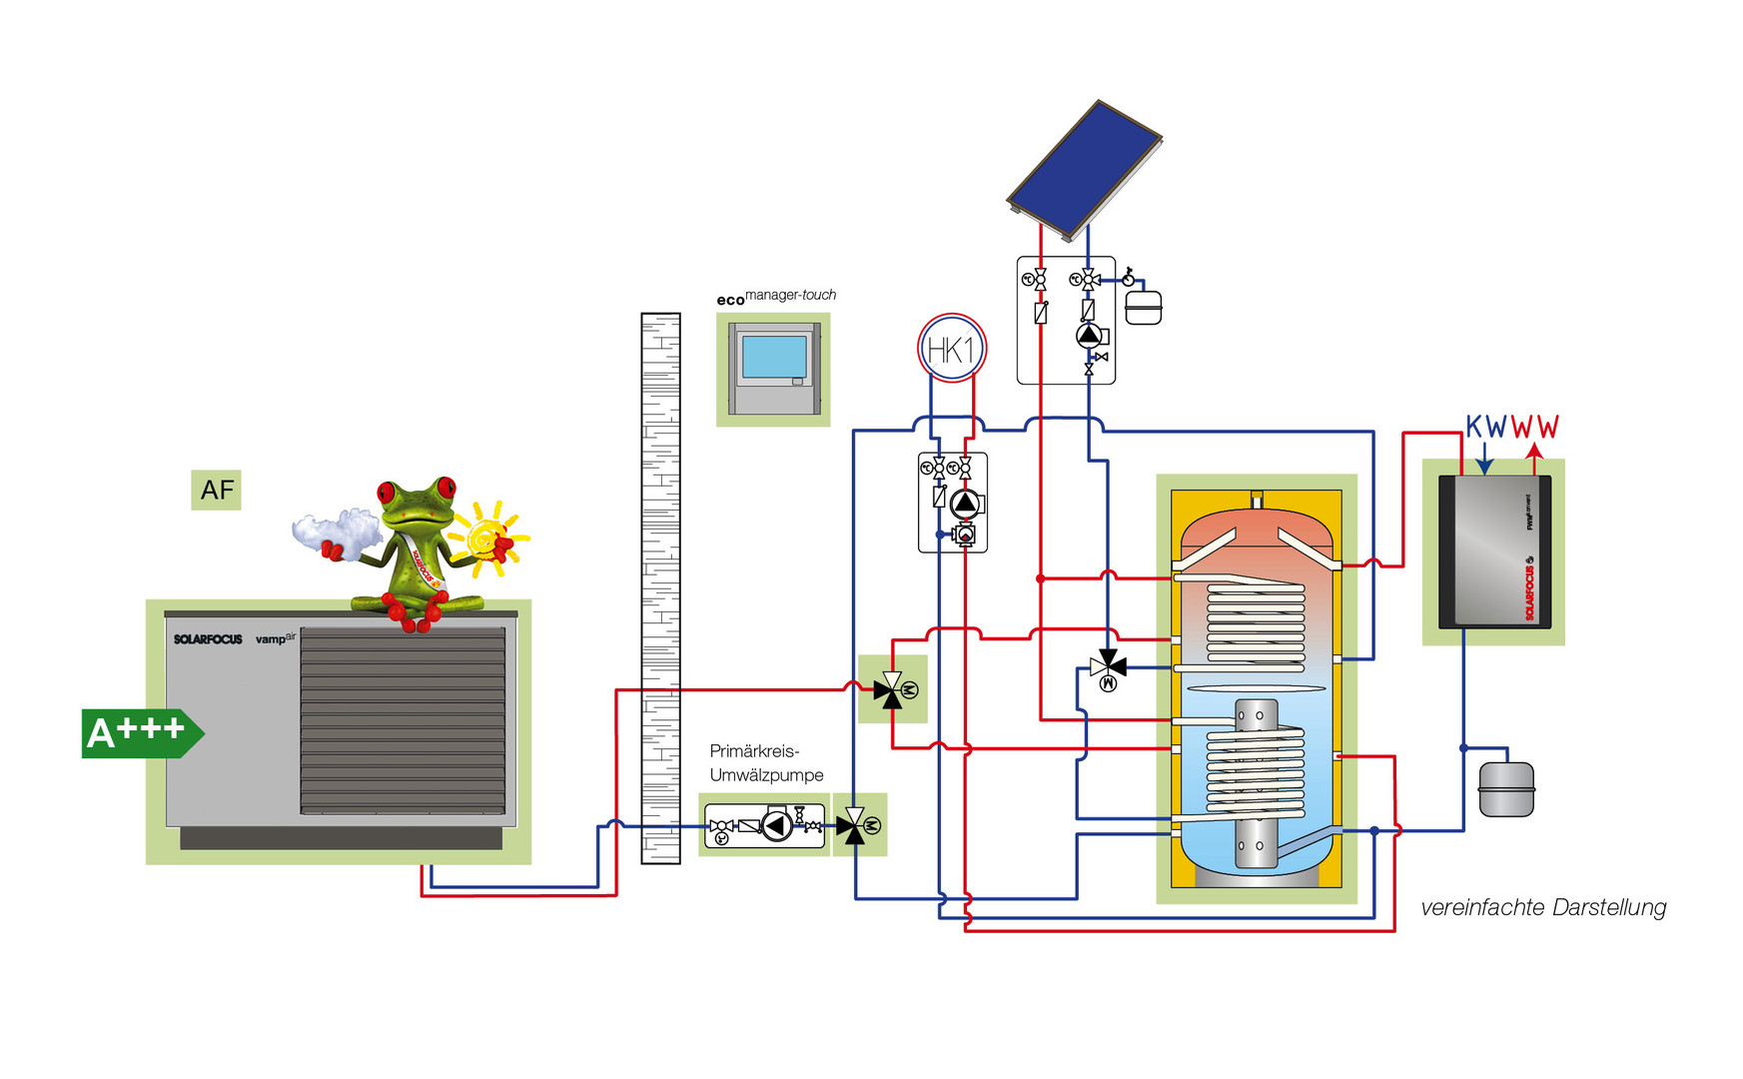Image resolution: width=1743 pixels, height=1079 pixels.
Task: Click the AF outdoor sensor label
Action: (216, 490)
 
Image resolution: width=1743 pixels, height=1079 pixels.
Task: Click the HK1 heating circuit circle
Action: (951, 349)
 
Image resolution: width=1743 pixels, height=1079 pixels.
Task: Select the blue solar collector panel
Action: (1084, 168)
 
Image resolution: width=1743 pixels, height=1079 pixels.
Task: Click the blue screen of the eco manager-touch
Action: (774, 357)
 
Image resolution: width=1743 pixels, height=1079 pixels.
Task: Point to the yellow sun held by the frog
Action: (487, 539)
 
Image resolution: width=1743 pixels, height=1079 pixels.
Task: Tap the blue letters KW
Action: (1485, 428)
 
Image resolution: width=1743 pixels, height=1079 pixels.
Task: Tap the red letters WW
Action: (1534, 428)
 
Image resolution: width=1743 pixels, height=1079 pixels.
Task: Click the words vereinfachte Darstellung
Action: (1543, 907)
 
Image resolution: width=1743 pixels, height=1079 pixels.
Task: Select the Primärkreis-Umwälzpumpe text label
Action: (766, 762)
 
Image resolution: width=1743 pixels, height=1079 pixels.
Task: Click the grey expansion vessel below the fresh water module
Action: (1505, 789)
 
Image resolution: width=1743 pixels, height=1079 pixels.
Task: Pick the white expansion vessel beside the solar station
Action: (1144, 307)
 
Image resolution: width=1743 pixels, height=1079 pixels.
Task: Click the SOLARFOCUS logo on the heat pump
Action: (208, 639)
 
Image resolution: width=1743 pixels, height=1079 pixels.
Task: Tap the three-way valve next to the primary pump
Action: (854, 825)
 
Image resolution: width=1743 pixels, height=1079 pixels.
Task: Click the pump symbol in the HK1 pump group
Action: (965, 504)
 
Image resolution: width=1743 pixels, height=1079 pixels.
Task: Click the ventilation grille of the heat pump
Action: (403, 719)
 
